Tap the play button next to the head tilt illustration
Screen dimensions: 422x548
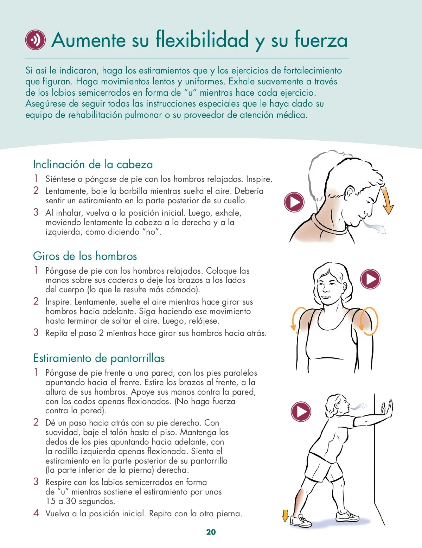[294, 202]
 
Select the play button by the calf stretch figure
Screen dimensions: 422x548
[301, 412]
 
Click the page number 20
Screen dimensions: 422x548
[211, 532]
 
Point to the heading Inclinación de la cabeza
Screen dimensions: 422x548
[93, 164]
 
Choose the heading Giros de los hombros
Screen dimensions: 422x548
[85, 256]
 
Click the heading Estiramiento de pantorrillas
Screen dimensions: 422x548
[99, 358]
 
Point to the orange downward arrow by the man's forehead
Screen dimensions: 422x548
[387, 201]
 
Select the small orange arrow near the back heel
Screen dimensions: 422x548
[285, 516]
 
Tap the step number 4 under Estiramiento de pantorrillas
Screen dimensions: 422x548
[36, 513]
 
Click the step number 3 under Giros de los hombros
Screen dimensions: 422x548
[36, 332]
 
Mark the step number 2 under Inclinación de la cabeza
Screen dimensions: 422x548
[36, 190]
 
